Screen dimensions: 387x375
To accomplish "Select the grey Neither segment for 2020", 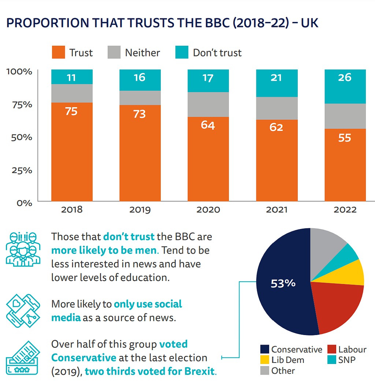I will pyautogui.click(x=208, y=105).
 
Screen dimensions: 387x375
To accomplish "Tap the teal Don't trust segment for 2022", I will pyautogui.click(x=345, y=87).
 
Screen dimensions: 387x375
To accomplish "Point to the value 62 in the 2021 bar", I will pyautogui.click(x=276, y=127).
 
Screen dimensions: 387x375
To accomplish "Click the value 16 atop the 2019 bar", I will pyautogui.click(x=140, y=78).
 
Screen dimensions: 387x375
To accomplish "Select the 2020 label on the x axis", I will pyautogui.click(x=208, y=210).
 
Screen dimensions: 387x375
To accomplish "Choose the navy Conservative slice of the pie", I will pyautogui.click(x=282, y=293).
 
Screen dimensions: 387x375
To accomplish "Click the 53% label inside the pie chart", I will pyautogui.click(x=283, y=283).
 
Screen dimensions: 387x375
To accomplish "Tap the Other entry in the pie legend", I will pyautogui.click(x=283, y=371).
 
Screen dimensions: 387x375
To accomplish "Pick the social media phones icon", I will pyautogui.click(x=22, y=310).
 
